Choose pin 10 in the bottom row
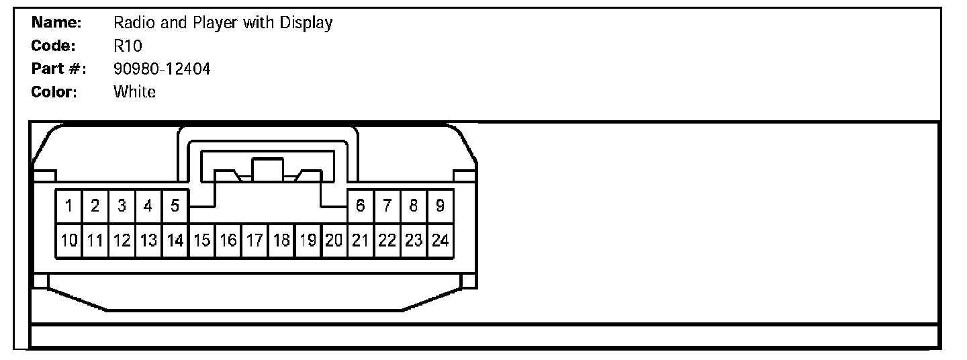[68, 240]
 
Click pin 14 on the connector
[175, 240]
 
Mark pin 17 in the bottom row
[255, 240]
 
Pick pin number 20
[334, 240]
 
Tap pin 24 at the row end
[440, 240]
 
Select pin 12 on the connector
[122, 240]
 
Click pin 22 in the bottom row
[387, 240]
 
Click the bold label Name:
[56, 23]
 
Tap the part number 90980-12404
[162, 69]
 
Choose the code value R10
[128, 46]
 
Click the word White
[134, 92]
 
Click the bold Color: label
[54, 92]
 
